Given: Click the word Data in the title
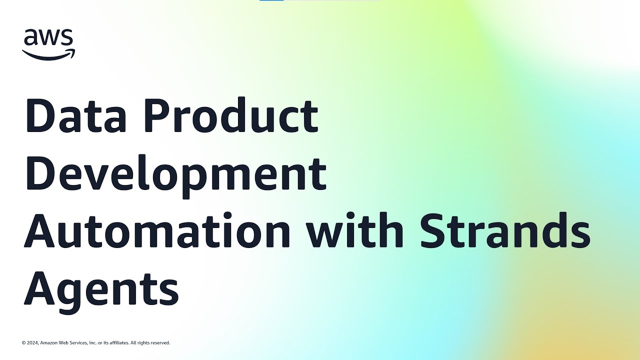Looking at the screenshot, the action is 76,115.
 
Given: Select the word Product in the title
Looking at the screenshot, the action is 231,115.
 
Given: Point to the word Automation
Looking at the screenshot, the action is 157,230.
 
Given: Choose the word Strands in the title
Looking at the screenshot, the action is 505,229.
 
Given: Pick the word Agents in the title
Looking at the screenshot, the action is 101,290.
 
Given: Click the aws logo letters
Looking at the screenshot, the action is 48,37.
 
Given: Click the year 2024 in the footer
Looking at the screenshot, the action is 32,343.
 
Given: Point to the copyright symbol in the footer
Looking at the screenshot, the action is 23,343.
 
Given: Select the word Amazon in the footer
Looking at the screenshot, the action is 48,343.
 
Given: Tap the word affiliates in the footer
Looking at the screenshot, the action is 119,343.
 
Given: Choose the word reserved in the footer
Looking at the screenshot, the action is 160,343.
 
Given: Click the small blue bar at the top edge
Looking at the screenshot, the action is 271,0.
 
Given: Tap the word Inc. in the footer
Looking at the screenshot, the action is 92,343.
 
